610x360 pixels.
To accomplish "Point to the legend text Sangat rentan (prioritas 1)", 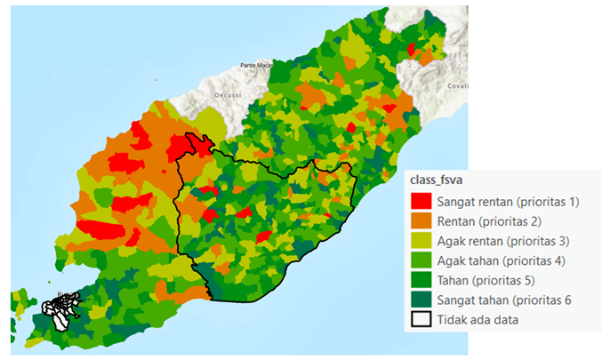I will (507, 202).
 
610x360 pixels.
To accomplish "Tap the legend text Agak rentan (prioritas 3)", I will (502, 241).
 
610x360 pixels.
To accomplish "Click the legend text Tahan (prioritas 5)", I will (487, 280).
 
